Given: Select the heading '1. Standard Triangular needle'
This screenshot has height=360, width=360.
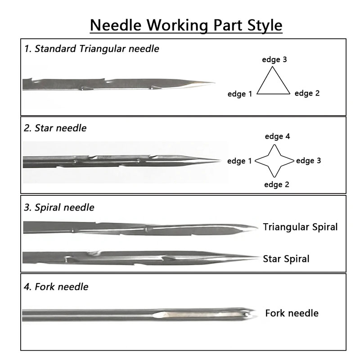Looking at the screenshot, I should pos(92,49).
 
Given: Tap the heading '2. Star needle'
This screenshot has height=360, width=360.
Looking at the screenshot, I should pos(55,128).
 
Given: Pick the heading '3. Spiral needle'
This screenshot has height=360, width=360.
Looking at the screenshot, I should pos(59,207).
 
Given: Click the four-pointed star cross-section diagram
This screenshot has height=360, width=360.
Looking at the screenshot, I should pos(275,161).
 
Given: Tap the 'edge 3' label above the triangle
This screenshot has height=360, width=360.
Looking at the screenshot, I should pos(274,59).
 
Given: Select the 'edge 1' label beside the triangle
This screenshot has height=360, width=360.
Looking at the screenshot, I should pos(240,94).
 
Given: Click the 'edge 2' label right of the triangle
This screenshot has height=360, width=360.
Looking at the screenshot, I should pos(307,94).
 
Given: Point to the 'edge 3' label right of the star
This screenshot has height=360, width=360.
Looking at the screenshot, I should pos(308,160).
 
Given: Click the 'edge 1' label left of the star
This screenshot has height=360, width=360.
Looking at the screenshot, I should pos(240,161).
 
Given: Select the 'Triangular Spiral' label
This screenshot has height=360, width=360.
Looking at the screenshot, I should pos(300,227).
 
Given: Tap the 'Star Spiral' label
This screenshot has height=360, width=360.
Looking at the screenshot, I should pos(286,259).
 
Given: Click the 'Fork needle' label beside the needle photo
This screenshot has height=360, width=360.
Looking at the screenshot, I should pos(292,313).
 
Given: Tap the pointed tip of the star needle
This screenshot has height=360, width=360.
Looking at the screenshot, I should pos(220,160).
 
